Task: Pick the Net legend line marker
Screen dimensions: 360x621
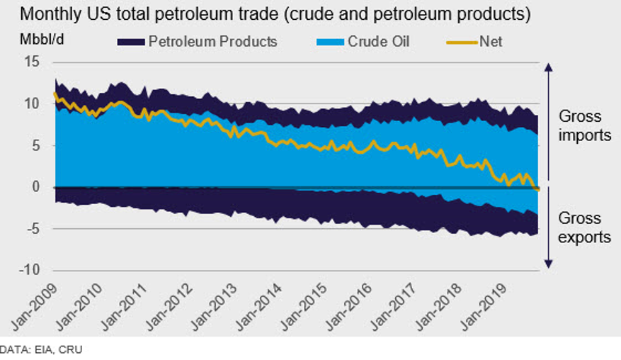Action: tap(461, 42)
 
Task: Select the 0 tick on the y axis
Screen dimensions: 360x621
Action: tap(35, 188)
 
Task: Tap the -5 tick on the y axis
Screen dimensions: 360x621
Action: tap(32, 229)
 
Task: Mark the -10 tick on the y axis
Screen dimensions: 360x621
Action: tap(29, 271)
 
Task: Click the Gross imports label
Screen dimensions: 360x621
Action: tap(585, 125)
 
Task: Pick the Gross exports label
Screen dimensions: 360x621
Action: tap(585, 227)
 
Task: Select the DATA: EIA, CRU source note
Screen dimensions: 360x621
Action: tap(42, 349)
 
